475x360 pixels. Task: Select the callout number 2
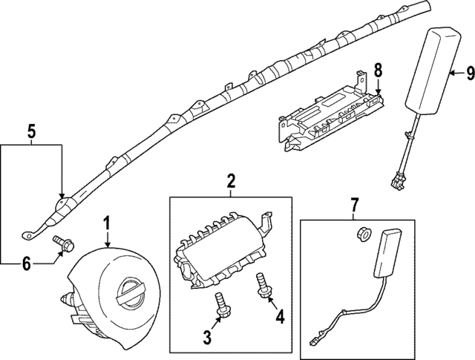pyautogui.click(x=231, y=180)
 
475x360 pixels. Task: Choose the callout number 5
pyautogui.click(x=30, y=132)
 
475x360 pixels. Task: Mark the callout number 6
pyautogui.click(x=27, y=262)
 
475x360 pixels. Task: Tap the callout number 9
pyautogui.click(x=469, y=72)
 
